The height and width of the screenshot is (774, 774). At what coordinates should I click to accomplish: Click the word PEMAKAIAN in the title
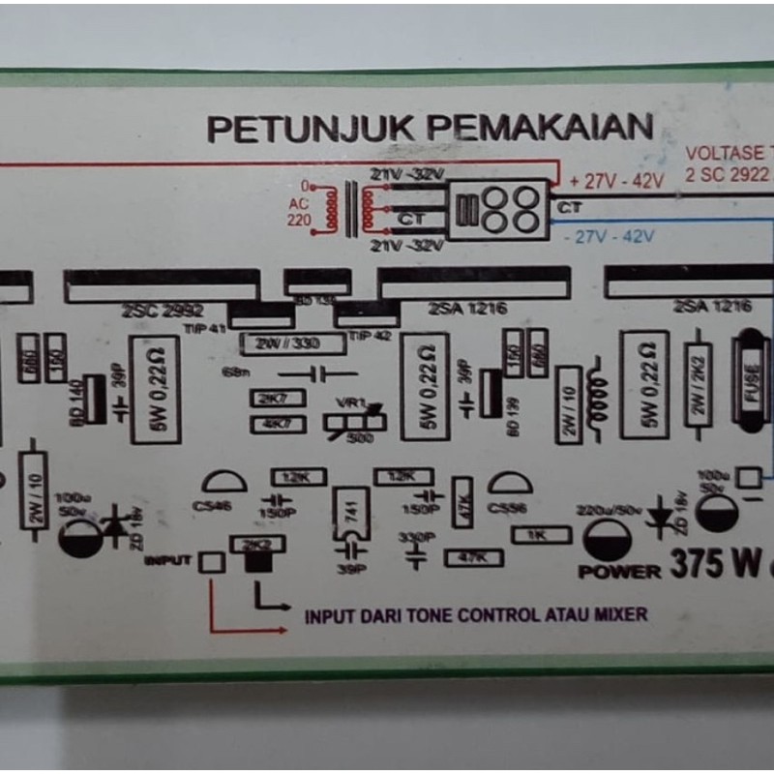pos(541,127)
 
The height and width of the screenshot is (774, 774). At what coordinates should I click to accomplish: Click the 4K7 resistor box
pos(279,424)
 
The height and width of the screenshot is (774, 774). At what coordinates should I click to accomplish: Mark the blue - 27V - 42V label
pos(609,235)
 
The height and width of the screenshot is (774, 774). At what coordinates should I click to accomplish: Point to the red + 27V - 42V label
pos(616,181)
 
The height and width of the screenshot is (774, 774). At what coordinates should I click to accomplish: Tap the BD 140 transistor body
pos(94,397)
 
